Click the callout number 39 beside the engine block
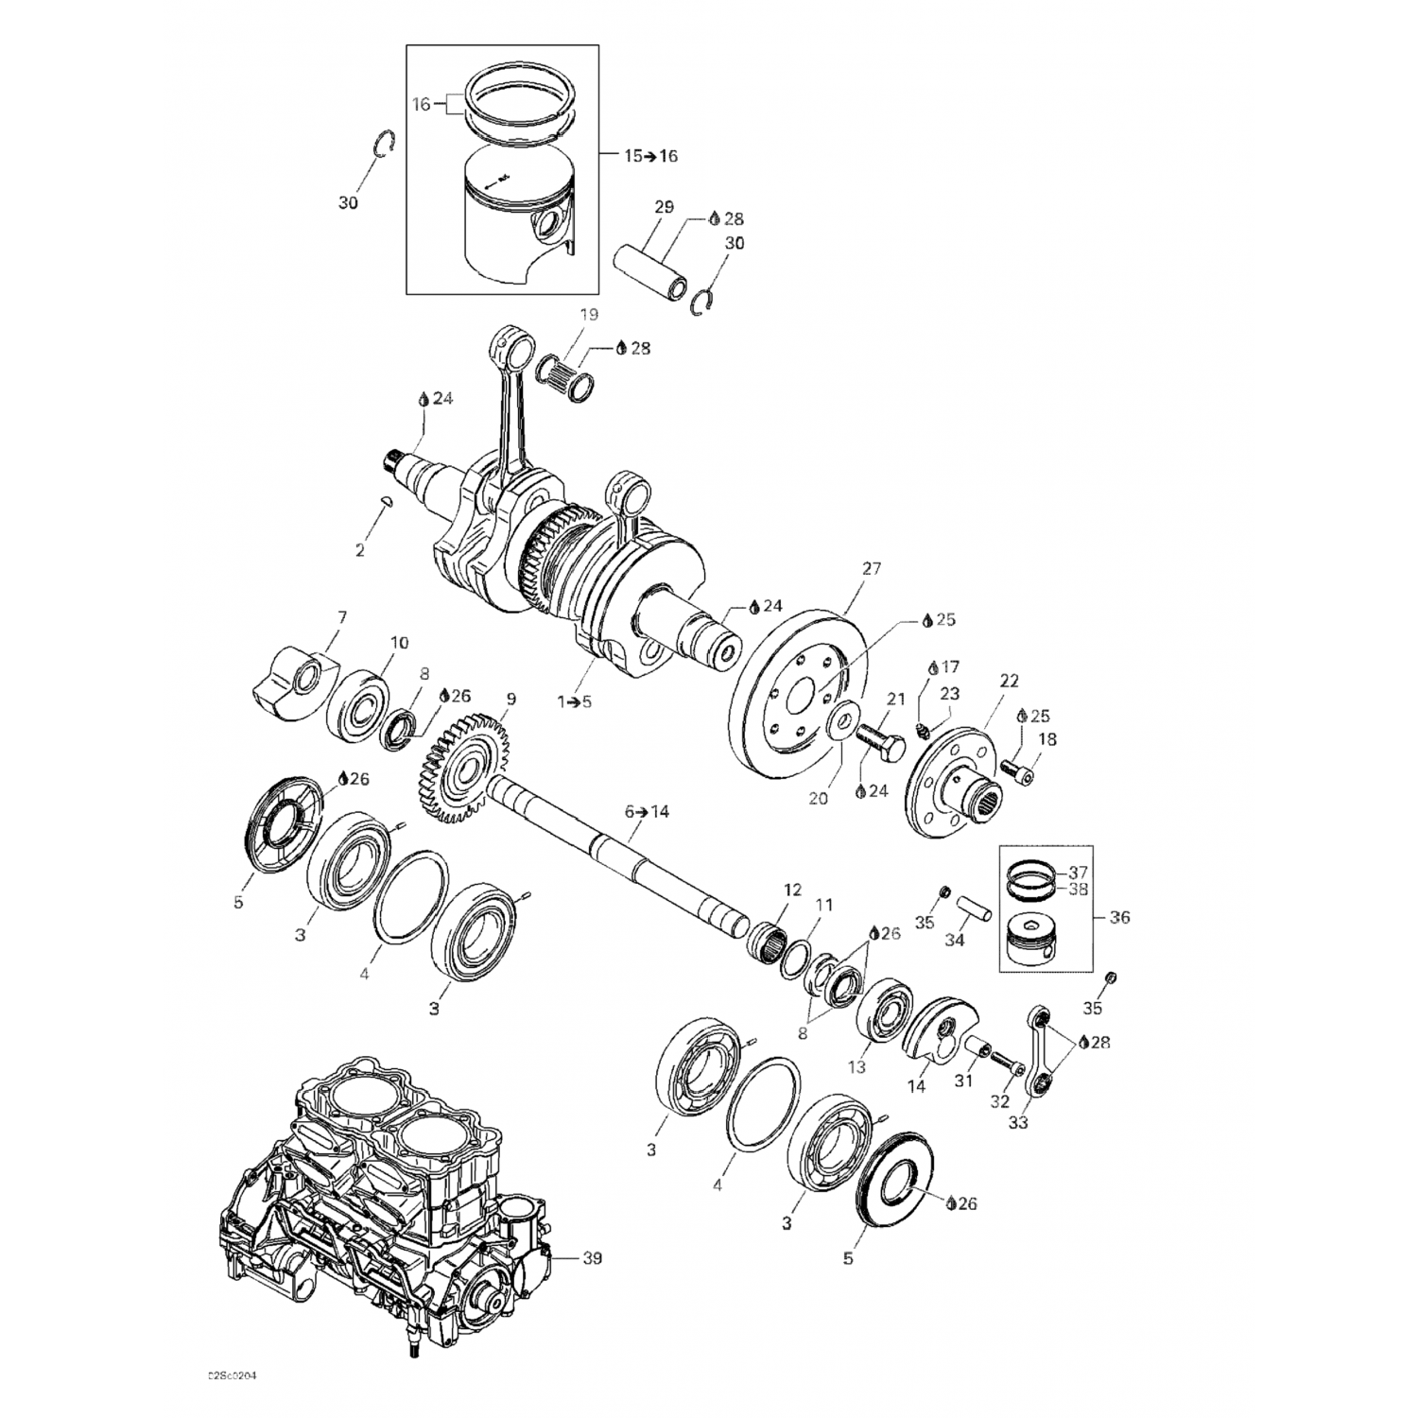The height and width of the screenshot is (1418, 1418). click(592, 1257)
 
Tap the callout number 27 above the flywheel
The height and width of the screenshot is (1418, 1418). click(871, 568)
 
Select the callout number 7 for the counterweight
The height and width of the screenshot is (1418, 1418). click(341, 617)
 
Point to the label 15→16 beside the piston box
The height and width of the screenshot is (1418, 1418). click(650, 156)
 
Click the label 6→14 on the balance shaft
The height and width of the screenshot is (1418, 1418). click(647, 811)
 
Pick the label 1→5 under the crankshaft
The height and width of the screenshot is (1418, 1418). click(575, 701)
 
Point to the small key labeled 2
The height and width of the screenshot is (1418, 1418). click(385, 502)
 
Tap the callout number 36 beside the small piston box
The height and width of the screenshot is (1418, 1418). click(1120, 917)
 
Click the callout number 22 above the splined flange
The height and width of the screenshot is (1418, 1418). click(1010, 681)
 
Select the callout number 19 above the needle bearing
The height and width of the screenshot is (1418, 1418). click(589, 315)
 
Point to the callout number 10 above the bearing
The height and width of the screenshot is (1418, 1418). click(399, 643)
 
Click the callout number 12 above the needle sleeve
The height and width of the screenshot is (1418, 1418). click(792, 890)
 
